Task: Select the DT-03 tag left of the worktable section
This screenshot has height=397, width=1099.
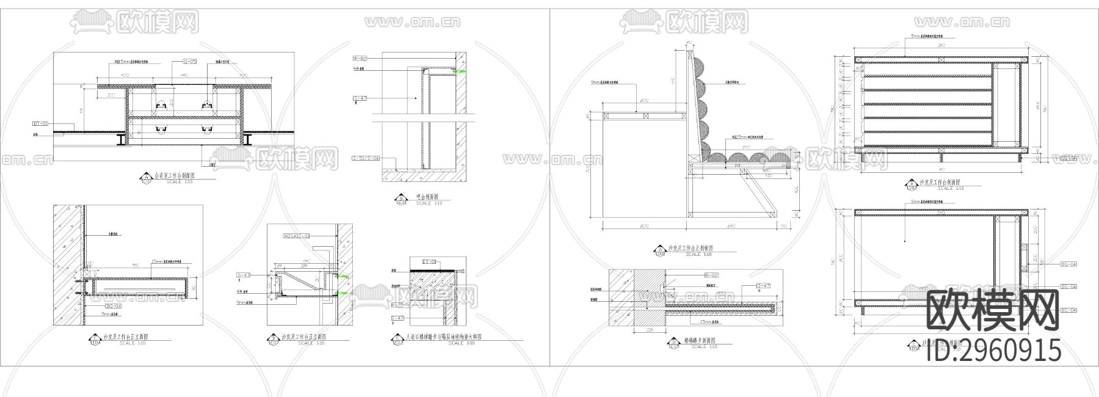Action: coord(40,123)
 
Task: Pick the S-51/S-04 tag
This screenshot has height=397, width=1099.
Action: coord(366,158)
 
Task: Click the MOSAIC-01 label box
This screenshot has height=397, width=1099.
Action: coord(297,236)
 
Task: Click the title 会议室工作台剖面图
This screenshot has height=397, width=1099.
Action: coord(167,176)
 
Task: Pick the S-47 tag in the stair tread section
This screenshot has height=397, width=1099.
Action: coord(763,286)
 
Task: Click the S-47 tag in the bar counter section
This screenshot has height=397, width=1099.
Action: coord(359,98)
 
